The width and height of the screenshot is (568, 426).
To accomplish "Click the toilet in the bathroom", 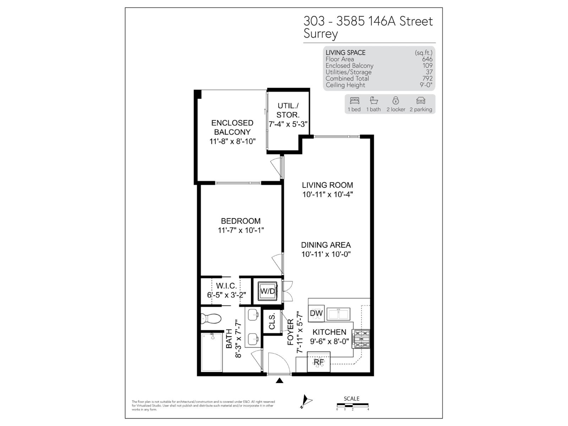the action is (211, 318).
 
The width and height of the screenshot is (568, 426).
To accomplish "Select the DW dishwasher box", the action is (316, 313).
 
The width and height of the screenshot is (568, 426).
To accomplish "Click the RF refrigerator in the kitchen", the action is (318, 362).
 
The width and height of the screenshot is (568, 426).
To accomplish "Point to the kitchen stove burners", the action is (361, 339).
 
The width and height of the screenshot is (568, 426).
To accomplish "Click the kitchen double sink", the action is (338, 314).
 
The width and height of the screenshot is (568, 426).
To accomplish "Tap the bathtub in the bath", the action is (212, 352).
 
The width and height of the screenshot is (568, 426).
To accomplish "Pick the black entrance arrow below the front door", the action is (279, 381).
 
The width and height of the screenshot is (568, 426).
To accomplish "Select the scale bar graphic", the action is (353, 405).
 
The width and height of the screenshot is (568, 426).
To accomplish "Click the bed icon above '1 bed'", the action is (354, 100).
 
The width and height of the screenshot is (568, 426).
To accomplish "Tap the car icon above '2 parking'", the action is (421, 100).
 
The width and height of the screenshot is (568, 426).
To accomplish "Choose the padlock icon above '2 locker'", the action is (396, 100).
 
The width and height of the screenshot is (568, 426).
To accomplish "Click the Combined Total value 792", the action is (427, 78).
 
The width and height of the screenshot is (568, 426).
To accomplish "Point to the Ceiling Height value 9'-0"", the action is (426, 85).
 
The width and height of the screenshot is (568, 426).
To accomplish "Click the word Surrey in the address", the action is (321, 34).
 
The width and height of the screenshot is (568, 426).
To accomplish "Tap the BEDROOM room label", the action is (241, 221).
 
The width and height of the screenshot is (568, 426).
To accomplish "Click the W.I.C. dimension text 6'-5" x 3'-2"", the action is (226, 295).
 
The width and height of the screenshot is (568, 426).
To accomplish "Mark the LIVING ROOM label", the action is (327, 185).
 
